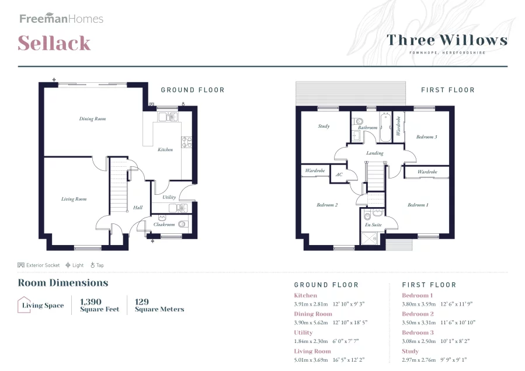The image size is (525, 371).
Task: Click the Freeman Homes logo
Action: tap(61, 18)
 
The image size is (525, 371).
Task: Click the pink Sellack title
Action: tap(54, 43)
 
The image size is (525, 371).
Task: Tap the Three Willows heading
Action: tap(447, 40)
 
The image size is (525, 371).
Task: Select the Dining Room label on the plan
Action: tap(92, 119)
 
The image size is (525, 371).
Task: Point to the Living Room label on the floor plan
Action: tap(74, 199)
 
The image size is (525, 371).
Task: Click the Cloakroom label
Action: tap(164, 225)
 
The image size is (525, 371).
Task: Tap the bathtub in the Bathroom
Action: tap(385, 127)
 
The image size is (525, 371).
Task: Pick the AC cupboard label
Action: tap(339, 174)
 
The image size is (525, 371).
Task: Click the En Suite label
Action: tap(373, 225)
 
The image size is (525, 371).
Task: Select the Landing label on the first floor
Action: tap(375, 153)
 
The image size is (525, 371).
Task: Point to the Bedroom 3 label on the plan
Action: tap(426, 137)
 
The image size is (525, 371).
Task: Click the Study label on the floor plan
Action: tap(324, 126)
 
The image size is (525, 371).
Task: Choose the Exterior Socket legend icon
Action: tap(21, 265)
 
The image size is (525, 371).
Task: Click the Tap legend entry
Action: tap(97, 265)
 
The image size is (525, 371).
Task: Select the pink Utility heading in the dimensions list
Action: tap(303, 332)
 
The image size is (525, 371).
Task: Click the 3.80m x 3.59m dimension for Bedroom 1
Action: tap(419, 304)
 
